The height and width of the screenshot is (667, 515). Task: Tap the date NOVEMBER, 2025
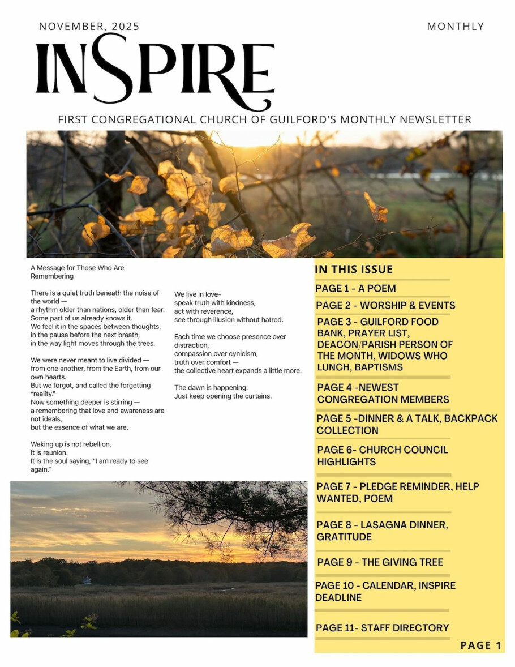89,27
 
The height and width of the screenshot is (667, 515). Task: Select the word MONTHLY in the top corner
455,27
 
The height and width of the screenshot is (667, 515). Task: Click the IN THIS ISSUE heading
354,270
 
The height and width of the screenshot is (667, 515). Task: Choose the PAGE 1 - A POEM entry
355,288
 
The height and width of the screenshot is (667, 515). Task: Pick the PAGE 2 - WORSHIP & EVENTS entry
385,305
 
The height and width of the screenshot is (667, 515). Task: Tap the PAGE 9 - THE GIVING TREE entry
380,562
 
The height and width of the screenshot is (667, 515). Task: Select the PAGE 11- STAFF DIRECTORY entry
383,627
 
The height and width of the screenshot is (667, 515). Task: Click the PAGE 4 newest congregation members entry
383,393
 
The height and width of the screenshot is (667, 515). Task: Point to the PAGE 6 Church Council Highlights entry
382,455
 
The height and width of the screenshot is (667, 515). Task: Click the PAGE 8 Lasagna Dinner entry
382,531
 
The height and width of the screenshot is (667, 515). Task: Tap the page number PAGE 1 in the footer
480,645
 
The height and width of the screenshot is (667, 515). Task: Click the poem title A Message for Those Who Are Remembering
77,272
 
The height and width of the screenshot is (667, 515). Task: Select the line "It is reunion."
49,452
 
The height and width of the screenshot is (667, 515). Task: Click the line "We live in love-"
198,294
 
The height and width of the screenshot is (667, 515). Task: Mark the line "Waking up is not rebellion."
71,444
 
